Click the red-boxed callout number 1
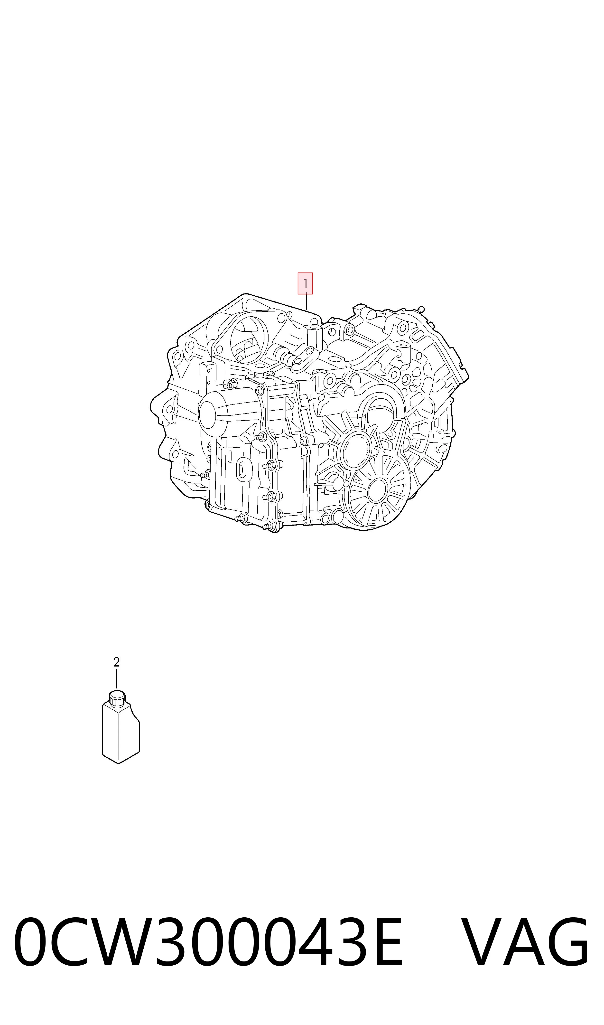click(x=305, y=283)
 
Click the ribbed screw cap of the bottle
click(x=117, y=698)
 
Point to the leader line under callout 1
click(x=307, y=301)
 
